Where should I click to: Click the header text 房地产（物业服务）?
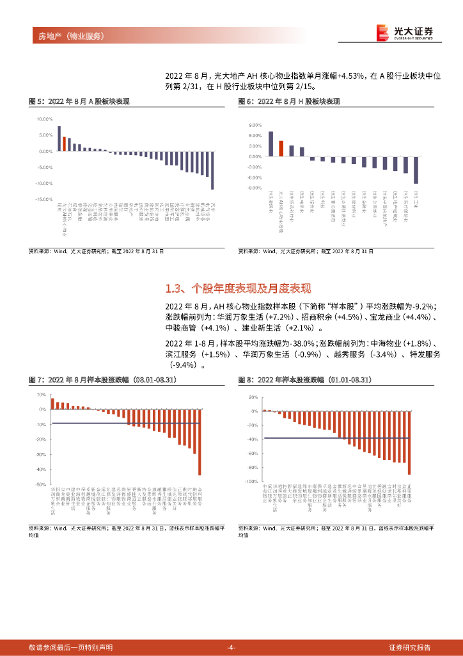click(x=67, y=36)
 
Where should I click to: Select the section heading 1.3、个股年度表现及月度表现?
click(x=239, y=288)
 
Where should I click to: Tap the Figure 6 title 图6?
click(x=289, y=101)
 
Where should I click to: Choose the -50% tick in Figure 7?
click(x=42, y=485)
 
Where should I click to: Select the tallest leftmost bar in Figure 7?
click(x=52, y=404)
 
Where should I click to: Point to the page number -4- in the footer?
click(x=231, y=647)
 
